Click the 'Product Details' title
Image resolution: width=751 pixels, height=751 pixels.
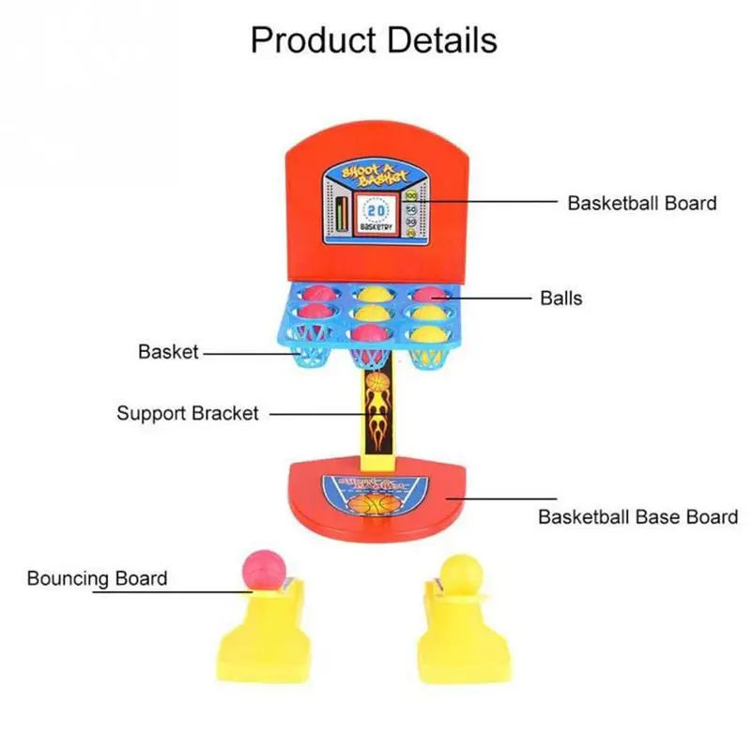point(374,40)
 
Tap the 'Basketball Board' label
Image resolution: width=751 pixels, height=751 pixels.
point(641,203)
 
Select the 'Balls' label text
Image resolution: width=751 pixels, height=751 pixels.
point(560,299)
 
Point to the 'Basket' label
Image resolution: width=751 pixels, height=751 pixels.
point(169,352)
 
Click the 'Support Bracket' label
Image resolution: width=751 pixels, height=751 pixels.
point(188,413)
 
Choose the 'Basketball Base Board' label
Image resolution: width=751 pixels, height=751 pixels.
point(637,516)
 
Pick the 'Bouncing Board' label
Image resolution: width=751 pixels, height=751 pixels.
point(97,577)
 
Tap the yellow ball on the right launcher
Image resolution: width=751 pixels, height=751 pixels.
point(457,571)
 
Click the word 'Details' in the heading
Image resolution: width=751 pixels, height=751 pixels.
point(440,40)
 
